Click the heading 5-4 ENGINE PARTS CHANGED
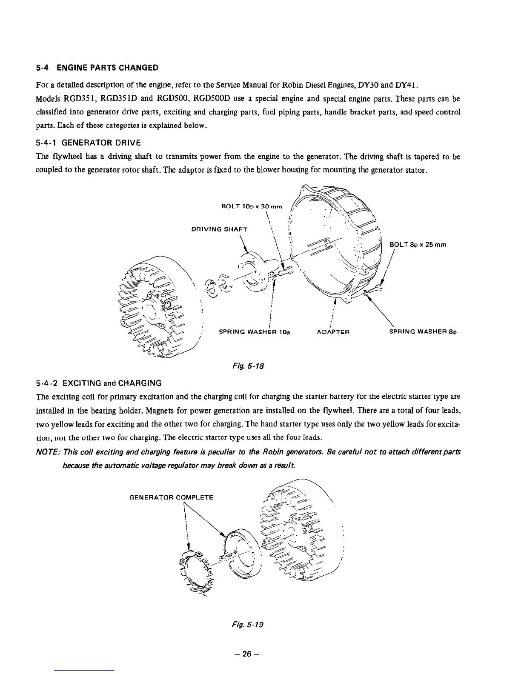point(97,68)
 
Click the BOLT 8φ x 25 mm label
point(418,245)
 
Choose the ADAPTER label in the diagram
point(333,331)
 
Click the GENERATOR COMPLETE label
point(171,497)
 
